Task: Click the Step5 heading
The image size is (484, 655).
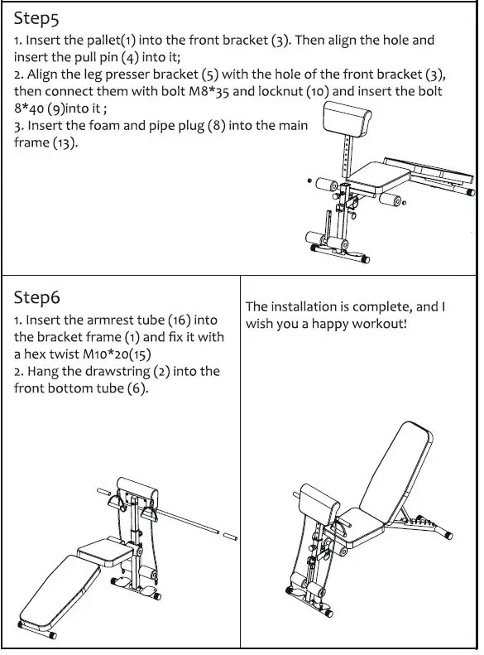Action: pos(36,19)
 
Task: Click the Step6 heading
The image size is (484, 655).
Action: pos(37,297)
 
